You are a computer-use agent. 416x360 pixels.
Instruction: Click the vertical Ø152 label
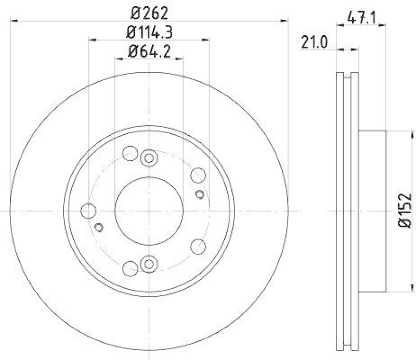click(x=405, y=211)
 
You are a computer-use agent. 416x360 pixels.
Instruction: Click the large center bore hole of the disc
click(x=149, y=211)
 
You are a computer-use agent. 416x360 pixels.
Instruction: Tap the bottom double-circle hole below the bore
click(x=149, y=264)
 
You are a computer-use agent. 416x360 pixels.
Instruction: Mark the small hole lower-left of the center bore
click(x=99, y=227)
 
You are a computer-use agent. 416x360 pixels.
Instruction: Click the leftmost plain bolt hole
click(x=89, y=211)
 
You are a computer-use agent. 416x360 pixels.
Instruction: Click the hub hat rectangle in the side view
click(x=373, y=211)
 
